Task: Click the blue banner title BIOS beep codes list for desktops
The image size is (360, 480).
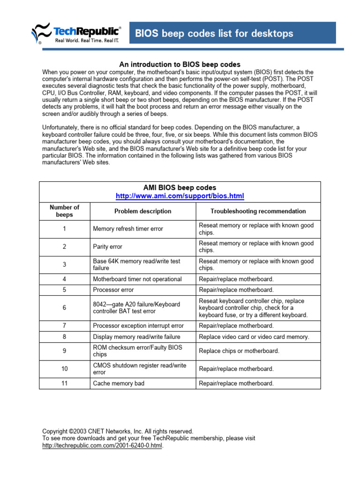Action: [214, 33]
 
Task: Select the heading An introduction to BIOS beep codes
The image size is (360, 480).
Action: [180, 64]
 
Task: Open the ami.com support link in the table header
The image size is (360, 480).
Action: [180, 195]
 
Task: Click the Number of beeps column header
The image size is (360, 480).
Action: [64, 211]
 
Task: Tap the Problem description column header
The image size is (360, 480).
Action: [142, 211]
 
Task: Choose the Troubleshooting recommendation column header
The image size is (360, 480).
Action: [258, 211]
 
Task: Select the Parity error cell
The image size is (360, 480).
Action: [108, 247]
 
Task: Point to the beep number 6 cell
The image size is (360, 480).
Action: [64, 308]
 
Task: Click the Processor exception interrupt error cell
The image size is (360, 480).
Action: [138, 326]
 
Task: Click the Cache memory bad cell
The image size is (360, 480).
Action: [119, 383]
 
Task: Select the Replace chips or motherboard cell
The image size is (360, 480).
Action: [239, 351]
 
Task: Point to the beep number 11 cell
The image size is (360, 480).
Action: [64, 383]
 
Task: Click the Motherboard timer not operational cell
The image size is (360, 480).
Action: [137, 279]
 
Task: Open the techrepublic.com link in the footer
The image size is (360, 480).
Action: [103, 446]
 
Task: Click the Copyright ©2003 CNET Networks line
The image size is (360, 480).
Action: [117, 431]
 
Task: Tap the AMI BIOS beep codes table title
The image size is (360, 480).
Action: [180, 187]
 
